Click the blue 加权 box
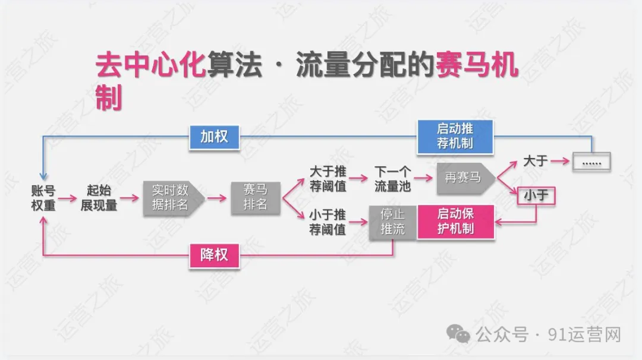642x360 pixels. click(214, 137)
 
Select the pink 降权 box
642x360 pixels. click(214, 256)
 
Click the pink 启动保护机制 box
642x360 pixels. click(455, 221)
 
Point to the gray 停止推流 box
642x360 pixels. click(392, 222)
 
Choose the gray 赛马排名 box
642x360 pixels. click(255, 197)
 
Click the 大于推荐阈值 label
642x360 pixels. click(328, 178)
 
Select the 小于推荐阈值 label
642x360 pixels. click(328, 222)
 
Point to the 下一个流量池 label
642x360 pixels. click(392, 178)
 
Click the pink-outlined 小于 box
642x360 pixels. click(536, 196)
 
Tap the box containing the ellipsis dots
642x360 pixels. click(591, 162)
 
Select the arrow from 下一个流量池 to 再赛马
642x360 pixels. click(423, 178)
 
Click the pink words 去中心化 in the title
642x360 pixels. click(150, 67)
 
